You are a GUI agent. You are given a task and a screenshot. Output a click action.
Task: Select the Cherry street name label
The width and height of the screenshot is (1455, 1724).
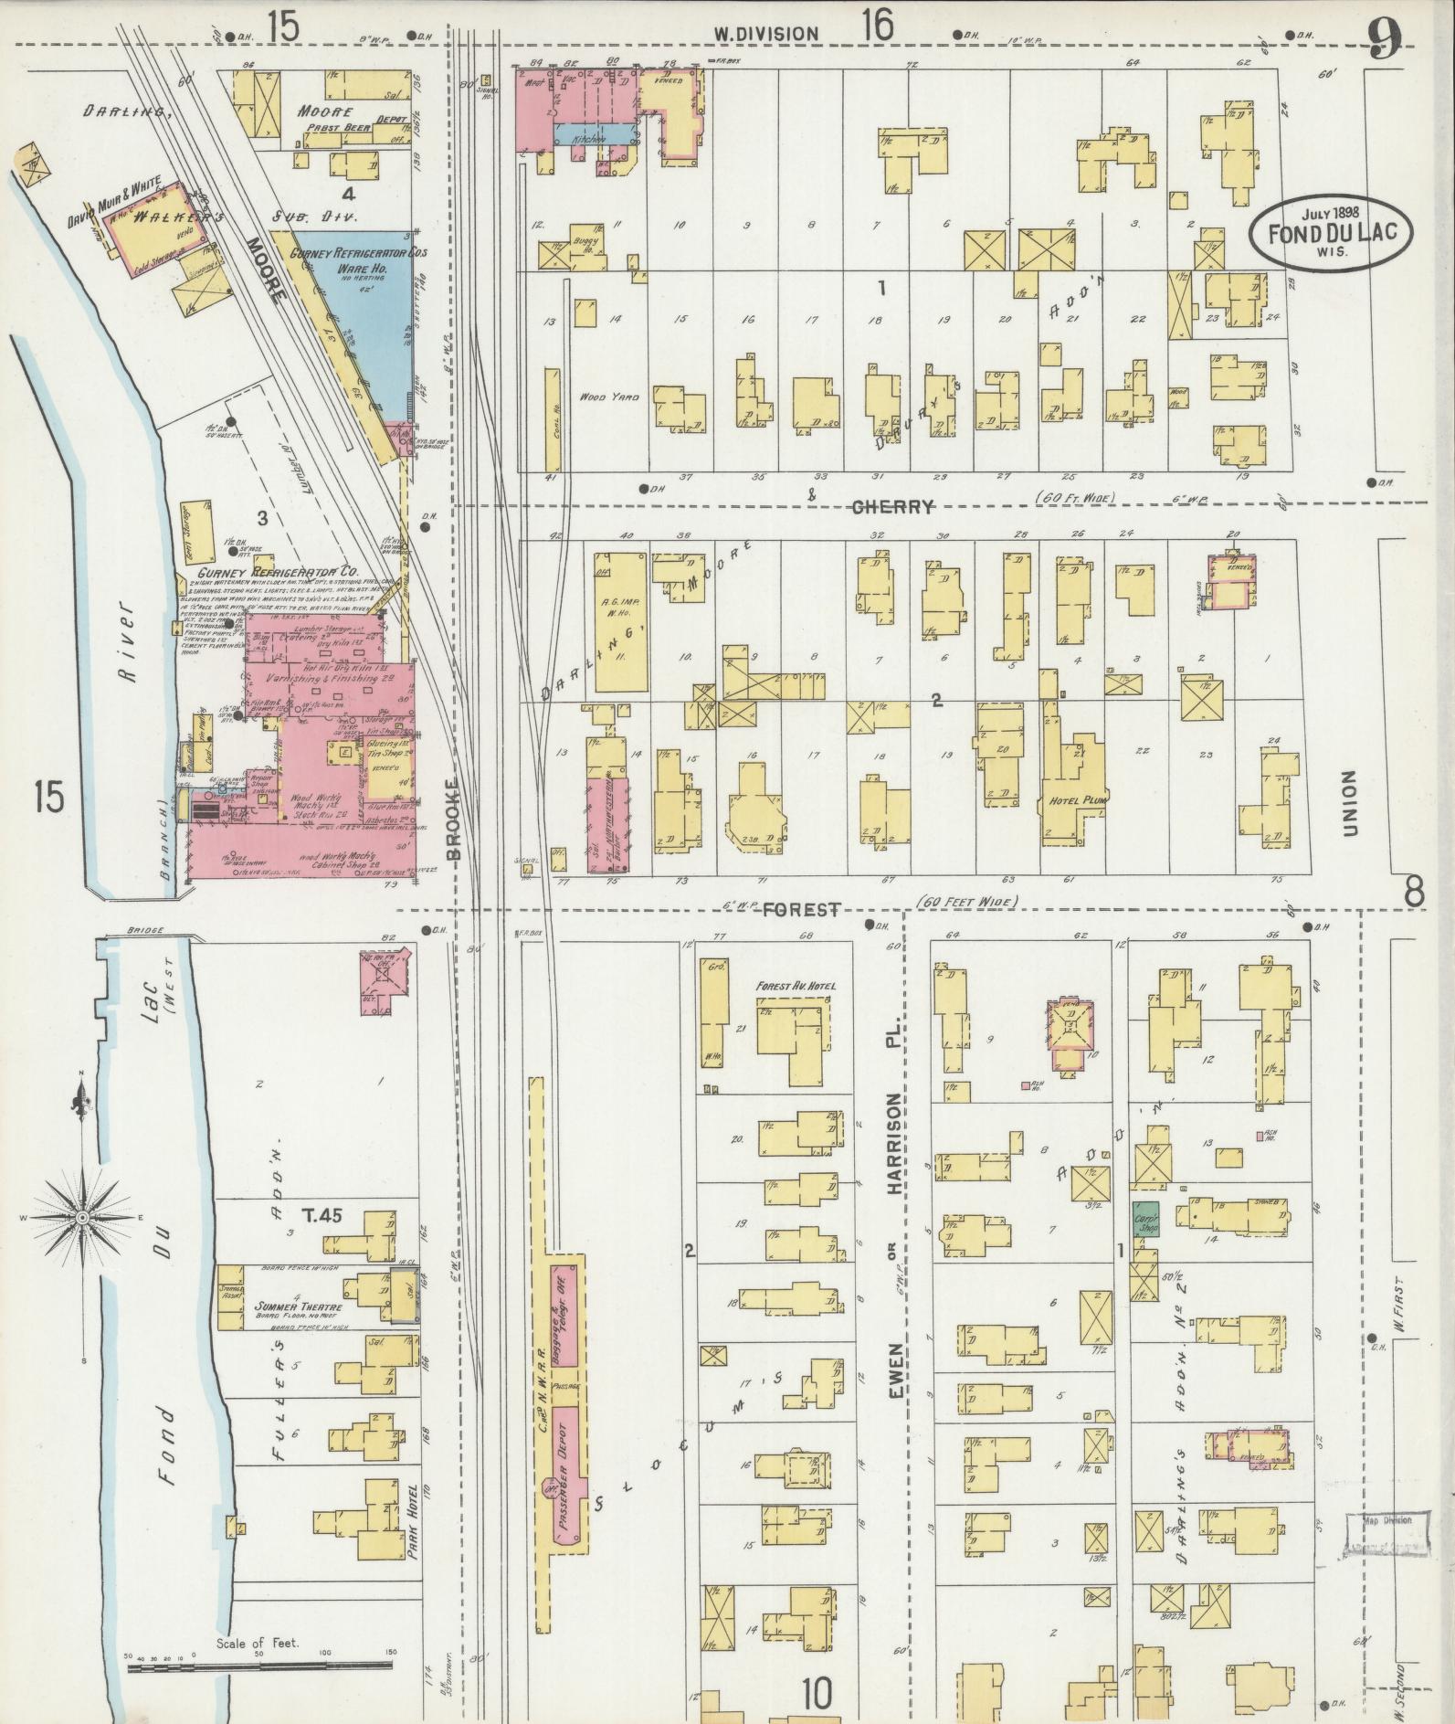[x=892, y=507]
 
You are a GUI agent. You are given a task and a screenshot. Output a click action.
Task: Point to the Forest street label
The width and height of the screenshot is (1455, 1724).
[x=801, y=910]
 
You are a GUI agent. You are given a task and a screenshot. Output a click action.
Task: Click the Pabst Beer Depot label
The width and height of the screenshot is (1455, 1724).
[x=343, y=128]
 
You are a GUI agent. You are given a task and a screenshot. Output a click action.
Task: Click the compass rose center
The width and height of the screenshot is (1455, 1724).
[x=83, y=1219]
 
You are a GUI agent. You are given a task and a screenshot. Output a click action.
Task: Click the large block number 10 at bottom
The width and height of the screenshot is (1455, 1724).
[x=817, y=1695]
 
